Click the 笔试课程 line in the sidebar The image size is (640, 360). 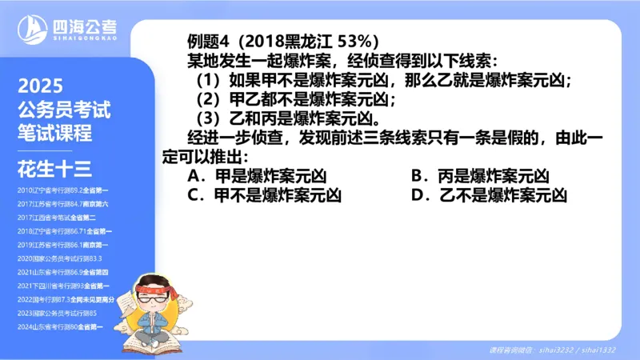[54, 132]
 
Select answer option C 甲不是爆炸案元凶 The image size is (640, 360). [265, 195]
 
